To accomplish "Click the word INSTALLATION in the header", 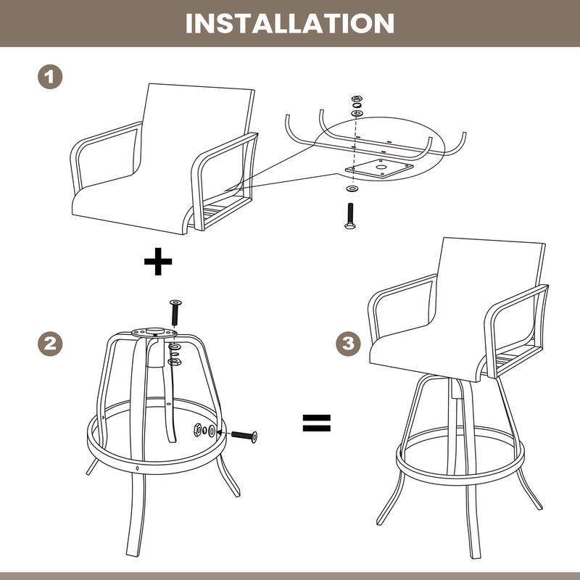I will (290, 22).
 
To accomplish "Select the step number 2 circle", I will (50, 343).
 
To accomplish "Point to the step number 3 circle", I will (349, 343).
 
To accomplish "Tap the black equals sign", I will (316, 423).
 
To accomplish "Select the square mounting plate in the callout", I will (379, 169).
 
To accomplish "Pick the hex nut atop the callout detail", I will (356, 99).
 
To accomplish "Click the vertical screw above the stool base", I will (175, 312).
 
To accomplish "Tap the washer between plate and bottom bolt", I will (352, 188).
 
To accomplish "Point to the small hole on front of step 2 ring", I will (137, 468).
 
